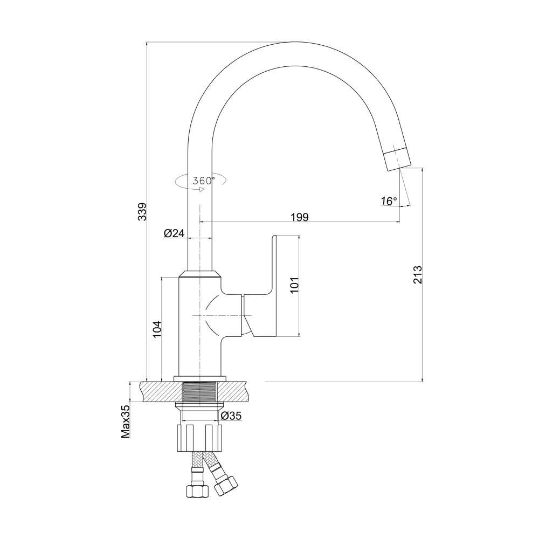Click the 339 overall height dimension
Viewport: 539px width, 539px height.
pos(142,211)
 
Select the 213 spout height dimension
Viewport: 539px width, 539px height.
pos(417,274)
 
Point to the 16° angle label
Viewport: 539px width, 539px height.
pos(389,201)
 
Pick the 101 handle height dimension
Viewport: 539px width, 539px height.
pos(295,284)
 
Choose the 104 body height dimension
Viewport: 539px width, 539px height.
pos(157,329)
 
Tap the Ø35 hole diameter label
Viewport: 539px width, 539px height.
pos(231,416)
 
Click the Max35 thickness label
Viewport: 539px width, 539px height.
pos(126,422)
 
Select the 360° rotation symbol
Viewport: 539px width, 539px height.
pos(201,181)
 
